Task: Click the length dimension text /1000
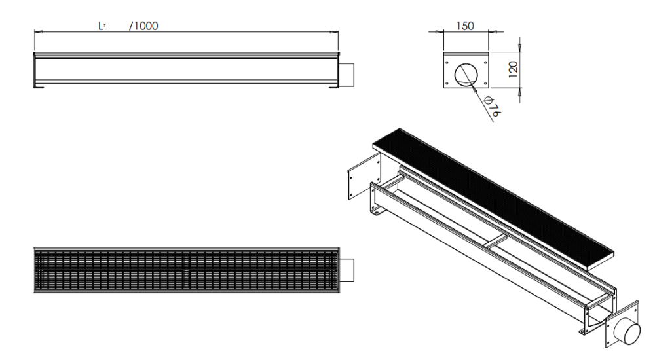(x=144, y=26)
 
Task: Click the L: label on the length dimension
(x=102, y=26)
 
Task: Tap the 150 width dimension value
(x=465, y=26)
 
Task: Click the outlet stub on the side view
(x=347, y=74)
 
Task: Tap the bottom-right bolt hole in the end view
(x=485, y=84)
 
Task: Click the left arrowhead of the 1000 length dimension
(x=37, y=31)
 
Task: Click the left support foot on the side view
(x=40, y=86)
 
